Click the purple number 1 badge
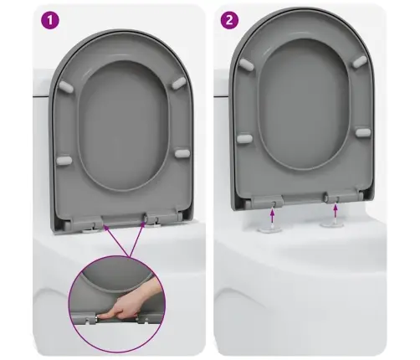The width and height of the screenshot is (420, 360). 50,20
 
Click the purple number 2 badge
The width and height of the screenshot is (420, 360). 229,20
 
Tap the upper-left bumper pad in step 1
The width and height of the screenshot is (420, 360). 66,87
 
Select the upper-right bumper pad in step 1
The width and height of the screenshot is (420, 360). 179,83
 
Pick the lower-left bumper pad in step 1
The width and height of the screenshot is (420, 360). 64,160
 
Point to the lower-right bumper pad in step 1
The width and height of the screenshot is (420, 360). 182,153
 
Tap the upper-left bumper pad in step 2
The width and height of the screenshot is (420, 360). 246,64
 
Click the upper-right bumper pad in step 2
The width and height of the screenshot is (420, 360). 360,62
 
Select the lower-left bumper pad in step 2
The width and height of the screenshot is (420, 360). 244,139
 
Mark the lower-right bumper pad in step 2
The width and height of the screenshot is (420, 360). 363,132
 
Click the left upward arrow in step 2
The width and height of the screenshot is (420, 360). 272,216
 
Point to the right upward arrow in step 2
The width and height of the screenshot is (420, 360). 335,211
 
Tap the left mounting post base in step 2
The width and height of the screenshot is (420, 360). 268,229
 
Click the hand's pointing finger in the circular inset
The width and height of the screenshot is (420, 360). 110,316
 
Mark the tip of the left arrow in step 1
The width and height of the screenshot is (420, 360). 104,224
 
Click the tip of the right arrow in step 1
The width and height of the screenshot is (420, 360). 146,221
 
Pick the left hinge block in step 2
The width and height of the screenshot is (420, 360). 267,201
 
